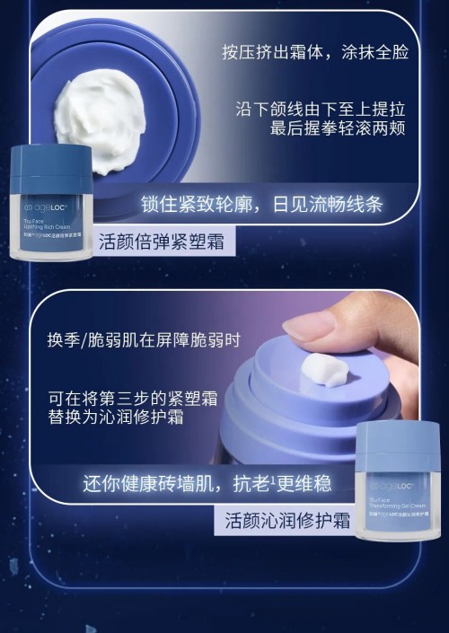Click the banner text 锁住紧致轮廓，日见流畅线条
pyautogui.click(x=261, y=205)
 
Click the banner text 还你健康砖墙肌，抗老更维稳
pyautogui.click(x=207, y=483)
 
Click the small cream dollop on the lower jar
pyautogui.click(x=325, y=368)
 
